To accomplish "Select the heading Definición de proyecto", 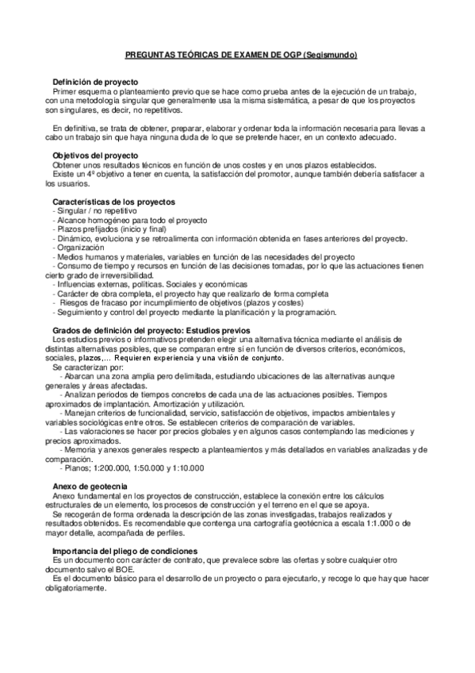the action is coord(95,83).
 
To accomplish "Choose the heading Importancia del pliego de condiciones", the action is coord(125,550).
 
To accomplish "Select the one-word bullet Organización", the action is coord(77,248).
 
